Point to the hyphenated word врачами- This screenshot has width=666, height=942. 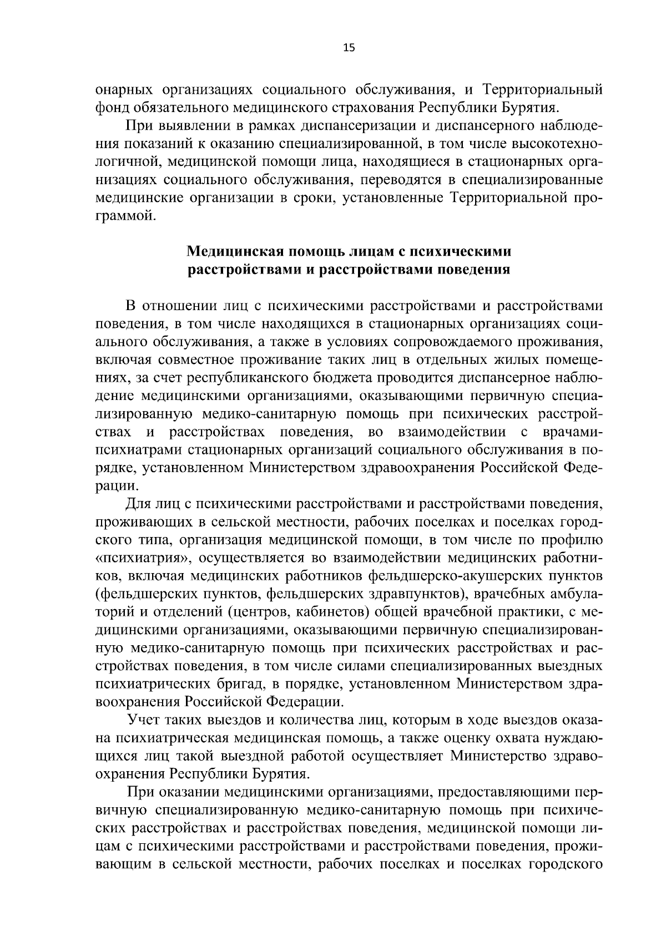click(x=573, y=432)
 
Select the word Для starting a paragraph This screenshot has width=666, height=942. click(x=138, y=504)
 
